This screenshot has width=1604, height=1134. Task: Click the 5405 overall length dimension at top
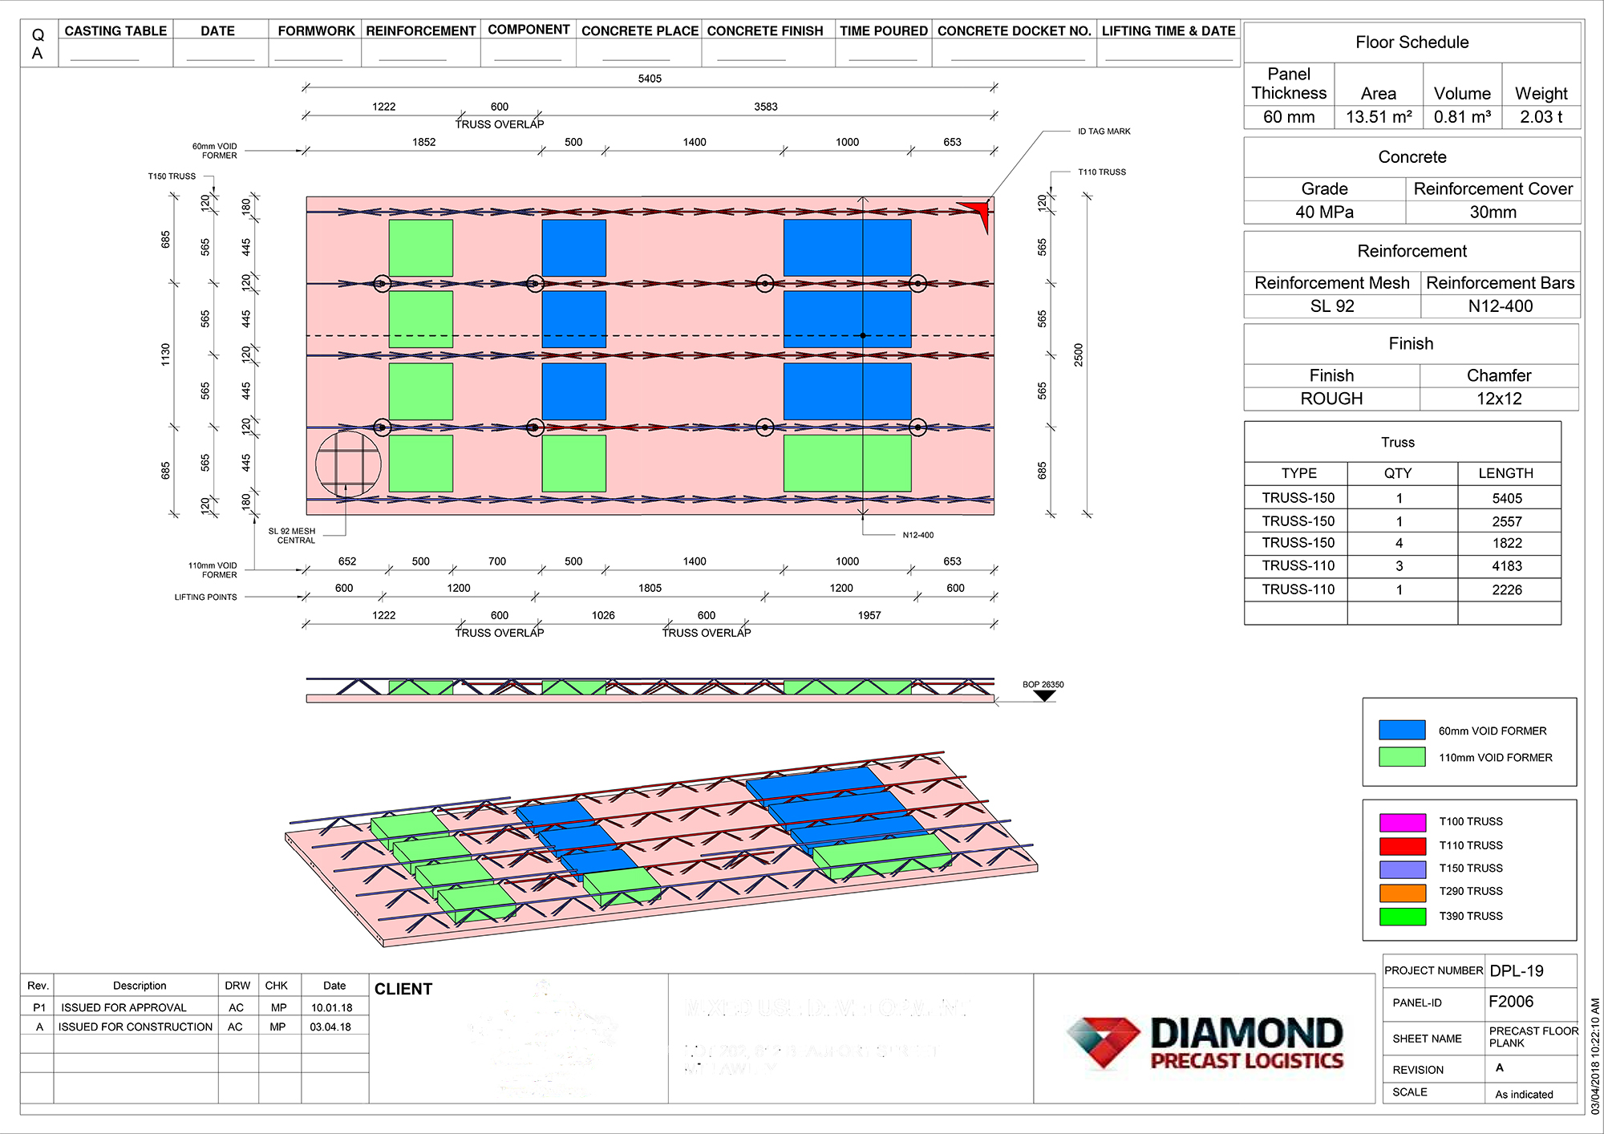[650, 79]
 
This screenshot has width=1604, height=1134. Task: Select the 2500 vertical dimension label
[1078, 354]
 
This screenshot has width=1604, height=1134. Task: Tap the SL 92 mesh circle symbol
[348, 464]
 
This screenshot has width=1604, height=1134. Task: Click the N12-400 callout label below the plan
[917, 535]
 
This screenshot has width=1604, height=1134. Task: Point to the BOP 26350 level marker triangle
[1044, 695]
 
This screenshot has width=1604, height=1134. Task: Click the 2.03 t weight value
[1541, 117]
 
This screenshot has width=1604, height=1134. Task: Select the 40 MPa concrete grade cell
[1324, 213]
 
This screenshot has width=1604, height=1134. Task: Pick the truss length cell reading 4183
[1506, 566]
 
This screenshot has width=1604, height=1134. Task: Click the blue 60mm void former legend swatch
[1402, 730]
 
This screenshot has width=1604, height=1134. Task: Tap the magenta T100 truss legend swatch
[1402, 822]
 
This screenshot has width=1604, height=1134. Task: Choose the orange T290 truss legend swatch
[1402, 893]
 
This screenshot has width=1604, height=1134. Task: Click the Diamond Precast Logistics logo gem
[1103, 1040]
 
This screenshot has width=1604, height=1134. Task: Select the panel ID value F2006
[1510, 1002]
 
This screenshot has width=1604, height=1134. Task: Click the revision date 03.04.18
[330, 1027]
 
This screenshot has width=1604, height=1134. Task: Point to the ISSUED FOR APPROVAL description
[124, 1007]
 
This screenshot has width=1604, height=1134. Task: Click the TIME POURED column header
[883, 31]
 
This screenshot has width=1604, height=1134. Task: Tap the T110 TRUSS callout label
[1101, 172]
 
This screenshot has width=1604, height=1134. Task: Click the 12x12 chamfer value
[1498, 399]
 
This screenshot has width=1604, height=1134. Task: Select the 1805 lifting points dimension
[650, 588]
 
